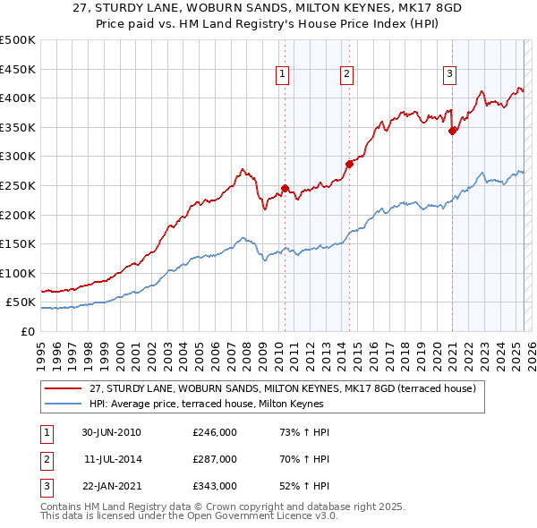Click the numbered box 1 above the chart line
click(282, 74)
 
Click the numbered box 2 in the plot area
click(346, 74)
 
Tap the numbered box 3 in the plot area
click(449, 74)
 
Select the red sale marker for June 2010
click(286, 188)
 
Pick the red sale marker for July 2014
click(350, 164)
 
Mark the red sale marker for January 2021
click(453, 131)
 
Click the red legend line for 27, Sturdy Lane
click(63, 388)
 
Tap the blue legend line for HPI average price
click(63, 404)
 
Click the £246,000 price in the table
click(215, 432)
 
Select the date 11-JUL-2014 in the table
click(112, 459)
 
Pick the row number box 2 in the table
click(46, 459)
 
